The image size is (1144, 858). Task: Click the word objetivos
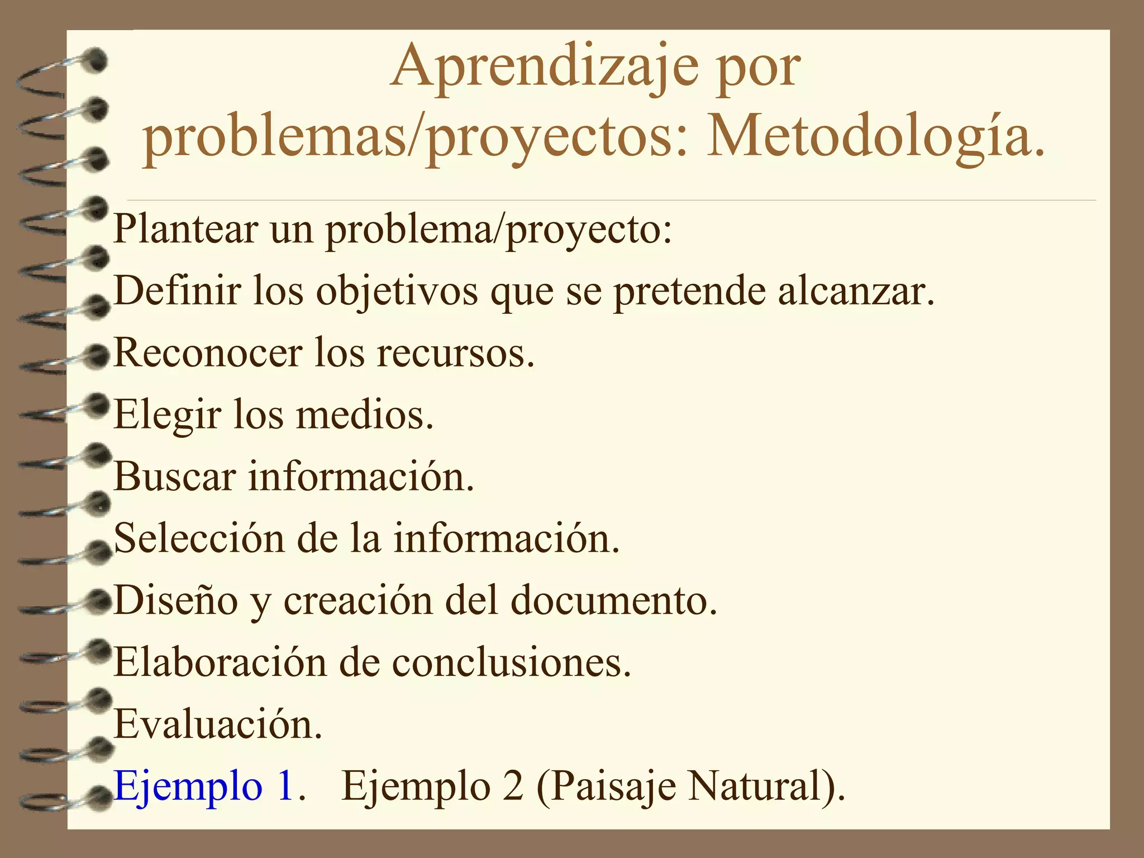click(x=397, y=292)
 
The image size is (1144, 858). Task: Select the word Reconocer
click(x=208, y=353)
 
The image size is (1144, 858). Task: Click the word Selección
click(x=199, y=538)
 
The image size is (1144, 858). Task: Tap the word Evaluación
click(x=218, y=724)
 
